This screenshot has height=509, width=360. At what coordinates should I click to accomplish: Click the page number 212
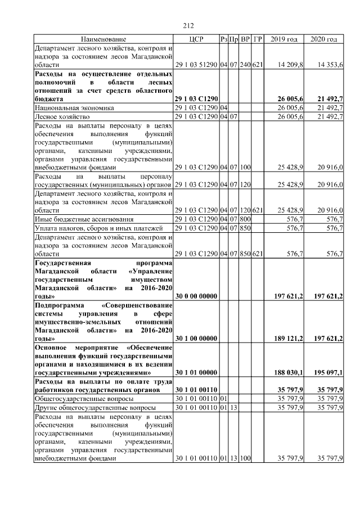(x=188, y=25)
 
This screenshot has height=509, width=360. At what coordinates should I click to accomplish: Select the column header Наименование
(x=103, y=39)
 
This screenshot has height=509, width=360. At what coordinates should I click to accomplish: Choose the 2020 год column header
(x=324, y=39)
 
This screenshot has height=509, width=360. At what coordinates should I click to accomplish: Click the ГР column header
(x=258, y=39)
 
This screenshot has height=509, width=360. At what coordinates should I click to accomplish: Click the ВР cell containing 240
(x=245, y=65)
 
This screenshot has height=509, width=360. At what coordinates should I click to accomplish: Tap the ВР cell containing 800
(x=245, y=219)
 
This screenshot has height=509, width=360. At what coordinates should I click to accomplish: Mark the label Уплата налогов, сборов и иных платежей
(x=98, y=228)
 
